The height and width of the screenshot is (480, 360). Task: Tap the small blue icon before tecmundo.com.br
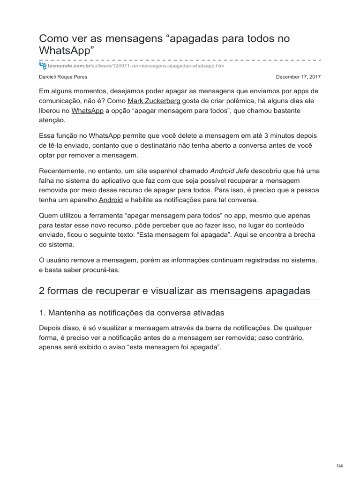point(43,66)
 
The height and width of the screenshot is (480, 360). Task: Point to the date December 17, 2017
point(298,76)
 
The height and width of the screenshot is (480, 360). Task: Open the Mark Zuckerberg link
point(154,101)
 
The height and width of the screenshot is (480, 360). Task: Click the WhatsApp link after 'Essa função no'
point(105,135)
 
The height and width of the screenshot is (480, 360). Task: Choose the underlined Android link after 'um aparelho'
point(111,200)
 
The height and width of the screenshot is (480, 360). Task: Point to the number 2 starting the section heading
point(42,291)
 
